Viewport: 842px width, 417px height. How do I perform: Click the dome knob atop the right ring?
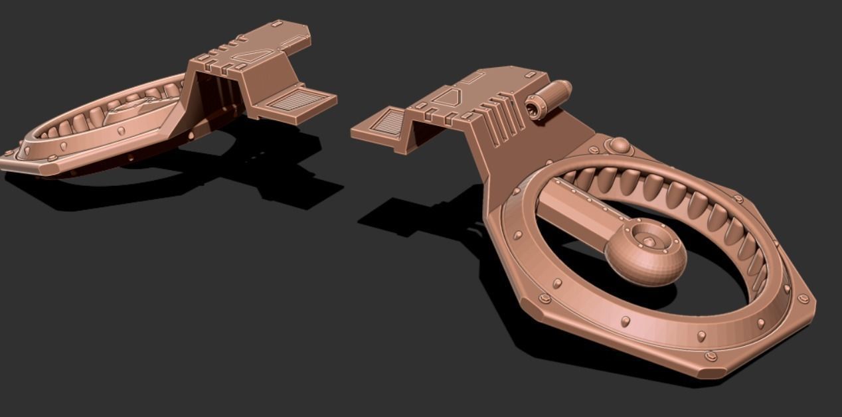(619, 145)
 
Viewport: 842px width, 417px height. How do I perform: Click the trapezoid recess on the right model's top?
(446, 98)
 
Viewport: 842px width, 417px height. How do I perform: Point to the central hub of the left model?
(133, 110)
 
